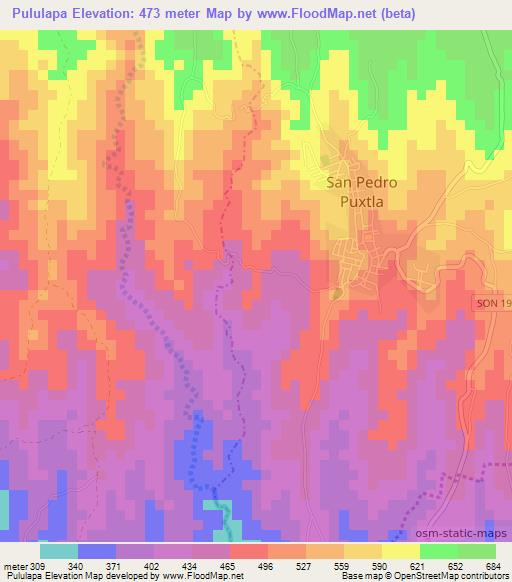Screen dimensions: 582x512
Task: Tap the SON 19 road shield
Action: [493, 302]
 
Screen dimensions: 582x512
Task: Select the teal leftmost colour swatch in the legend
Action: [59, 551]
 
